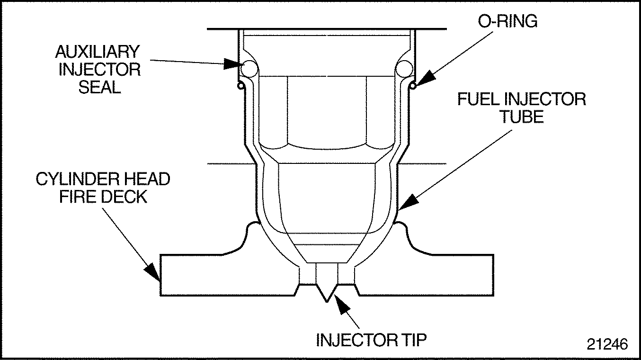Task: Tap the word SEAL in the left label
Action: pyautogui.click(x=99, y=87)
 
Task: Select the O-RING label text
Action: pyautogui.click(x=507, y=22)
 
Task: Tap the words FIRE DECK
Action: pyautogui.click(x=103, y=197)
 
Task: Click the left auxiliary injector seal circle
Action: pyautogui.click(x=248, y=69)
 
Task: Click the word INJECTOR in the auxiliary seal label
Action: pyautogui.click(x=99, y=69)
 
